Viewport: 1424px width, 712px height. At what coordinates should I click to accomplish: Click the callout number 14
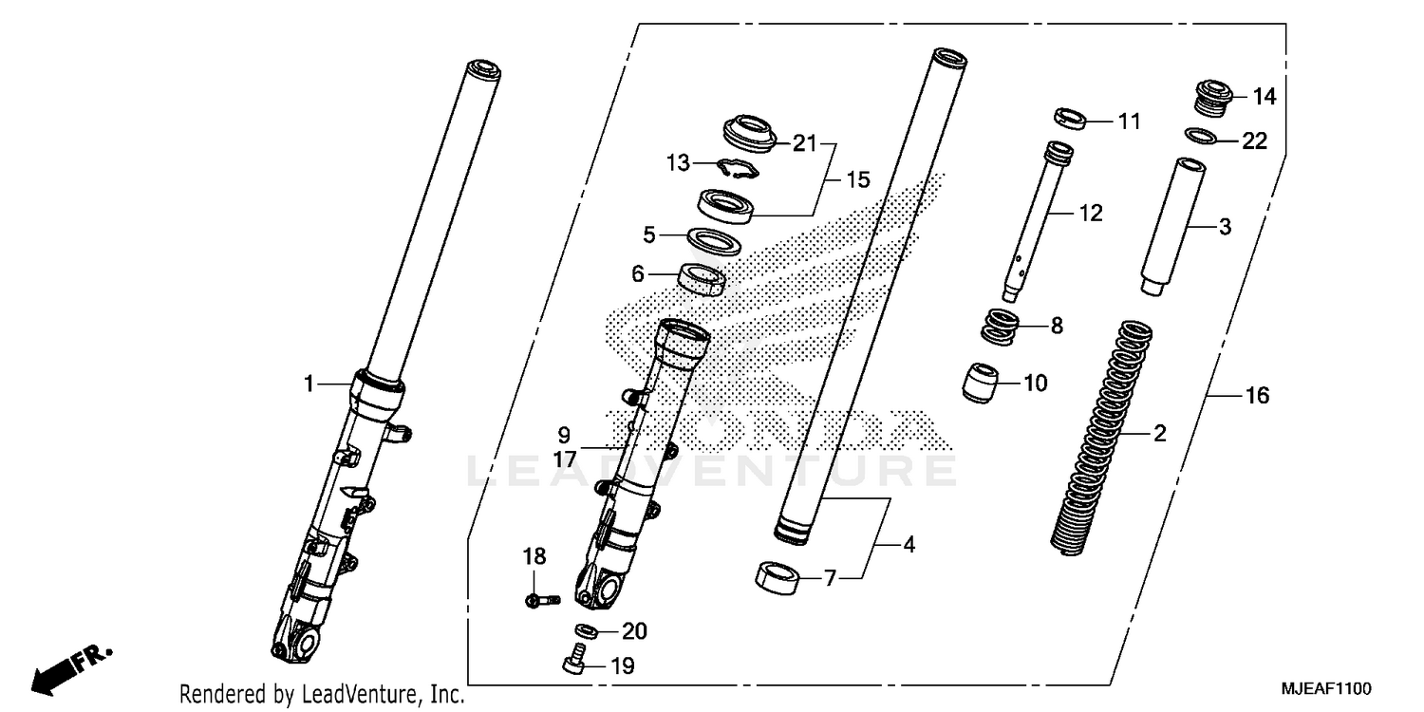click(x=1264, y=97)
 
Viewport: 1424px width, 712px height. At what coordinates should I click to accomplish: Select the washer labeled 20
click(x=587, y=631)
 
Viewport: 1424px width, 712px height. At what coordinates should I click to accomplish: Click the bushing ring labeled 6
click(x=703, y=280)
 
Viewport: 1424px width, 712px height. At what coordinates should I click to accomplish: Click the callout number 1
click(x=309, y=384)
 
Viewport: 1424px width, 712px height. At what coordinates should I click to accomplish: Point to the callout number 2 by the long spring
click(x=1159, y=434)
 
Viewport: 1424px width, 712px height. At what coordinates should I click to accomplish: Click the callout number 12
click(x=1090, y=213)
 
